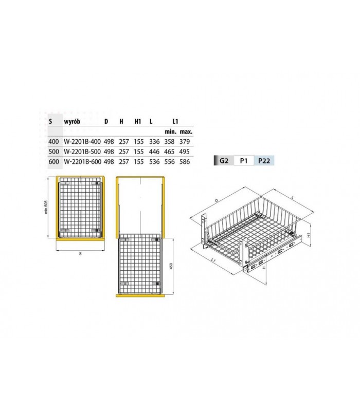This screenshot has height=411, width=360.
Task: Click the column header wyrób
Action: click(72, 121)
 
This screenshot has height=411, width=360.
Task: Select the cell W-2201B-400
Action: click(82, 142)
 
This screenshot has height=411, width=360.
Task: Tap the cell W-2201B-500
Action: click(82, 152)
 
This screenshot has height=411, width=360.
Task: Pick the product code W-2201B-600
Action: click(82, 162)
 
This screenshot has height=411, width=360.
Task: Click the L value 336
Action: click(154, 142)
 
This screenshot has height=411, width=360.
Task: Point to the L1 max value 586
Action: click(185, 162)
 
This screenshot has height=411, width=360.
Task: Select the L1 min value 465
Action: click(170, 152)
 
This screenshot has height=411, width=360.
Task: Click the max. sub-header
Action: click(186, 132)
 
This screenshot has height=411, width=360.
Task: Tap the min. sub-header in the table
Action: click(171, 132)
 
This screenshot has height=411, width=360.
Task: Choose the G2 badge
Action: click(224, 161)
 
